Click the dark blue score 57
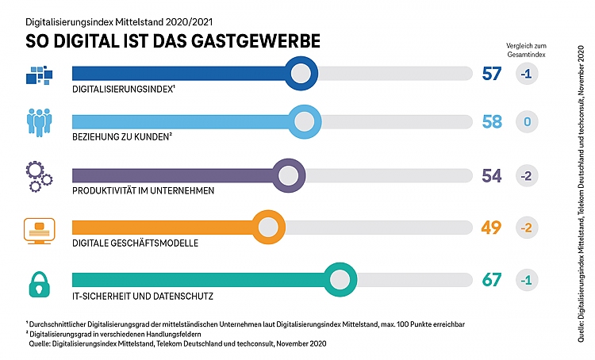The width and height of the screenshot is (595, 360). point(492,74)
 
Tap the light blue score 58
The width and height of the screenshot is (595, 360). point(492,122)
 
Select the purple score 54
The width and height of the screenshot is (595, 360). point(492,175)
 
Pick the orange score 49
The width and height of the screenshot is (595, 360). point(492,228)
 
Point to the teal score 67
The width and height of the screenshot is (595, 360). point(492,280)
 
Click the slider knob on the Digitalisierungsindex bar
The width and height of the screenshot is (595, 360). point(301,74)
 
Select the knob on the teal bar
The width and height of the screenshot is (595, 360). point(339,280)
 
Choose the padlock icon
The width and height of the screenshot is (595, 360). point(38,281)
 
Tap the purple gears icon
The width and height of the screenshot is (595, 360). point(38,175)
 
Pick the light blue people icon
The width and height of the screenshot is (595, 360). point(38,124)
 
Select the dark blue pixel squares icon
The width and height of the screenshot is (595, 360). point(39,75)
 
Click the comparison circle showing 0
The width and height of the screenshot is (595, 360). point(527,122)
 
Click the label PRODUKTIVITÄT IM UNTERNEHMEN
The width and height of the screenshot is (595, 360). point(143,191)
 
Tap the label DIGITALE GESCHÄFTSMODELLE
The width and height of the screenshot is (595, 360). point(135,243)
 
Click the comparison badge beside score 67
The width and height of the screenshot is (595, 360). point(527,280)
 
